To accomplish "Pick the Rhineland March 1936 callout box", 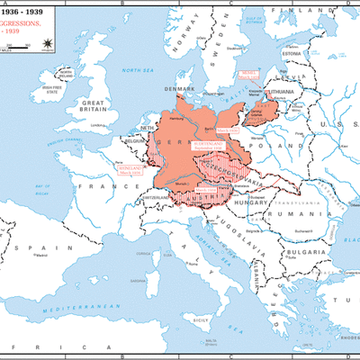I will coord(129,166).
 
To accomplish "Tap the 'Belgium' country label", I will coord(135,142).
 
